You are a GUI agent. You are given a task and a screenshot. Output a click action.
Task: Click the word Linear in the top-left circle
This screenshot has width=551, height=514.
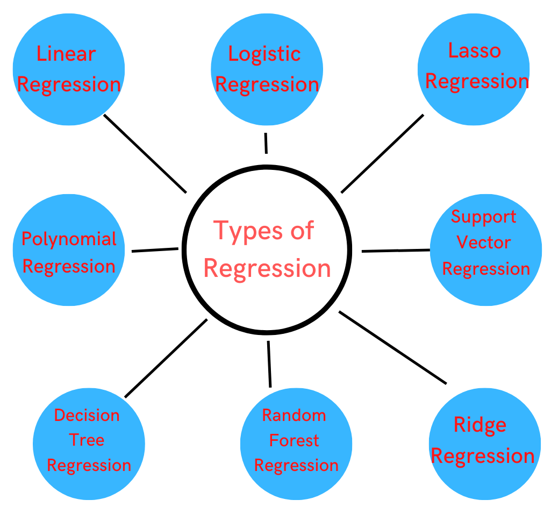(x=66, y=54)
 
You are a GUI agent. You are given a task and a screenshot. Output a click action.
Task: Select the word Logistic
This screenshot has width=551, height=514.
(x=264, y=54)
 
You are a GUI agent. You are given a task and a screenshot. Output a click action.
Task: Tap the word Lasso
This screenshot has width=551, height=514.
(x=475, y=51)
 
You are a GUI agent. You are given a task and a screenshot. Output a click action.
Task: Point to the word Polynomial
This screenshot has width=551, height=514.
(x=69, y=239)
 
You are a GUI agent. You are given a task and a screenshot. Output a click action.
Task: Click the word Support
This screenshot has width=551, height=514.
(x=484, y=217)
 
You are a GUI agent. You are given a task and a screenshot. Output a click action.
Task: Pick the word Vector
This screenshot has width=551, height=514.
(x=484, y=242)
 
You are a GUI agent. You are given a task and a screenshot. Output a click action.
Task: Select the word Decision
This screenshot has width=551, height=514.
(x=87, y=416)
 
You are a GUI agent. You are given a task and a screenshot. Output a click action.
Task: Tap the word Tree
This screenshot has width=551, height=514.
(x=87, y=440)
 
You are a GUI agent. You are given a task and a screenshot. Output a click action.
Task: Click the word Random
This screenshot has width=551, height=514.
(x=294, y=416)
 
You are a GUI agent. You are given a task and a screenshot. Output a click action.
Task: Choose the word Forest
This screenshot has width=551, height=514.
(x=294, y=441)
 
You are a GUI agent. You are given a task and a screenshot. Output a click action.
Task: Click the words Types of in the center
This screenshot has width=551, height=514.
(x=264, y=231)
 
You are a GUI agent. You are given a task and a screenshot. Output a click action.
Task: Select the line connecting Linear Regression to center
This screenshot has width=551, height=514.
(x=145, y=154)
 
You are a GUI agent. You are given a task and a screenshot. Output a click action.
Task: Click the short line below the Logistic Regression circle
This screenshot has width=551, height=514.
(x=266, y=144)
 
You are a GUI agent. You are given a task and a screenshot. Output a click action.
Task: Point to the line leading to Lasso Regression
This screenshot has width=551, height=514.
(x=382, y=153)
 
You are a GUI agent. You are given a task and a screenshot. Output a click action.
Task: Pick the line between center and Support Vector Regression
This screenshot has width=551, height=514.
(x=396, y=251)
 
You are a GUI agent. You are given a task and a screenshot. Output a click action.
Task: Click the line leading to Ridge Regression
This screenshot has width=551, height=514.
(x=392, y=347)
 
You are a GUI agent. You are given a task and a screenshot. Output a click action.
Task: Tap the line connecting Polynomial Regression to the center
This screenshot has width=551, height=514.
(x=155, y=250)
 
